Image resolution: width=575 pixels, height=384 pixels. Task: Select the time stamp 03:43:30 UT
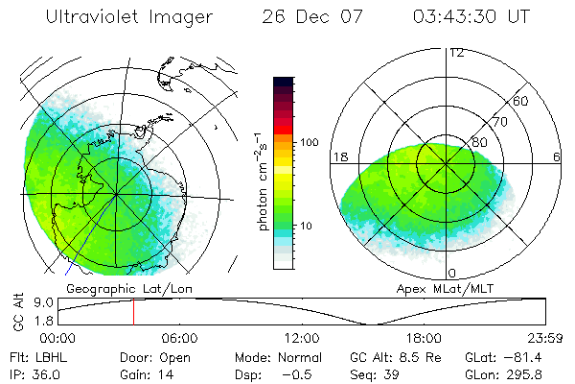[x=470, y=17]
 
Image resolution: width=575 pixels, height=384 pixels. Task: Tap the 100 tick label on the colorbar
[x=310, y=142]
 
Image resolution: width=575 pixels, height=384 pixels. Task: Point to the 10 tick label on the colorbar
[x=307, y=226]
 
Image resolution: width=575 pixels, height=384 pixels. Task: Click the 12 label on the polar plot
[x=457, y=53]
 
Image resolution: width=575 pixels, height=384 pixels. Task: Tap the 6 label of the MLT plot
[x=557, y=156]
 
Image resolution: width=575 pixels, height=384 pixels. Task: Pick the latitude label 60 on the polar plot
[x=521, y=101]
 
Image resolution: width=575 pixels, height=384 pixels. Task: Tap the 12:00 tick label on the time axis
[x=301, y=338]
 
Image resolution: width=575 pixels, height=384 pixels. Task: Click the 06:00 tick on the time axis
[x=179, y=338]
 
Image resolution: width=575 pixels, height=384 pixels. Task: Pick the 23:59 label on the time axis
[x=545, y=338]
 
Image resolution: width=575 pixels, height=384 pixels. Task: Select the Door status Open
[x=176, y=357]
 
